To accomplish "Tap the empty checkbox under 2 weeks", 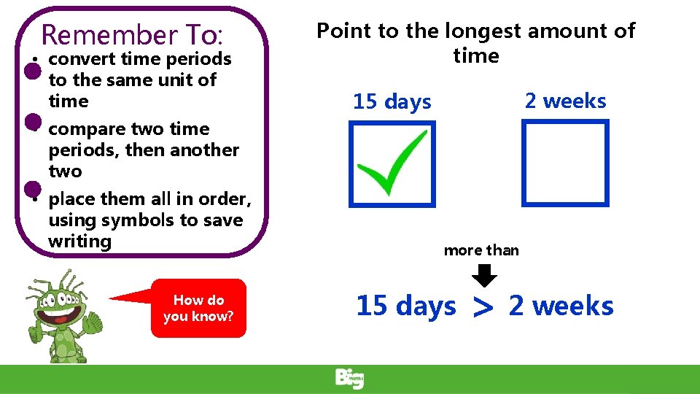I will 565,163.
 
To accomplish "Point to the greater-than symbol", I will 483,307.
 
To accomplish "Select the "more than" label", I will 481,250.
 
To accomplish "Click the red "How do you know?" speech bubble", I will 198,308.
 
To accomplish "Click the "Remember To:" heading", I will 136,34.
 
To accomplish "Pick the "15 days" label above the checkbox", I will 392,102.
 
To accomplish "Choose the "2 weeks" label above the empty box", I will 565,101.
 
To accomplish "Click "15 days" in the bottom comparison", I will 406,306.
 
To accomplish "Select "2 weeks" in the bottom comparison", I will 561,306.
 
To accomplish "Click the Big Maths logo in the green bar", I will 350,379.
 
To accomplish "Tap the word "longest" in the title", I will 483,31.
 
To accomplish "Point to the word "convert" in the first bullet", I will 82,58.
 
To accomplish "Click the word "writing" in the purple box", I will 79,241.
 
